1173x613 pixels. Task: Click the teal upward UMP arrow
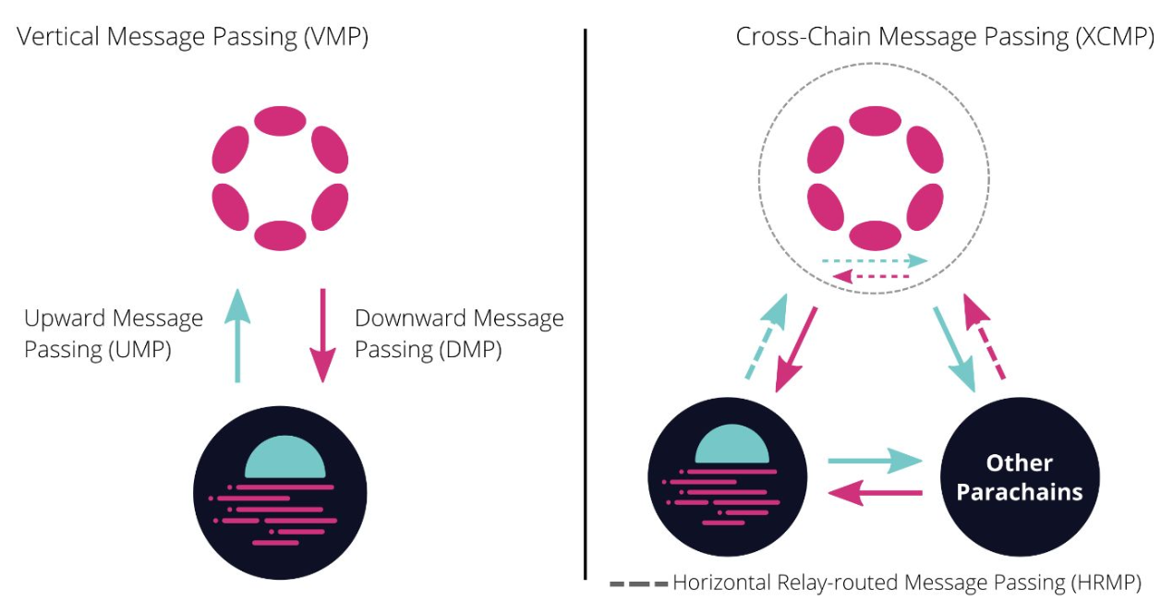[237, 335]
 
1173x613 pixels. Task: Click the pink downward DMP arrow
[322, 335]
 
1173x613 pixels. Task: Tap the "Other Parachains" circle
[1020, 477]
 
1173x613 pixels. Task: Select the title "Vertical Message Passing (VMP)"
[192, 37]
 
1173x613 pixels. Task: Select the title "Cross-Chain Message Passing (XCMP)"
[945, 37]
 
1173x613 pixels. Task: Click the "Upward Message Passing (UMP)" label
[113, 333]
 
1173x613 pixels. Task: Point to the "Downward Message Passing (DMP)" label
[459, 333]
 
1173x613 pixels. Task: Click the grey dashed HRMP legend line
[639, 583]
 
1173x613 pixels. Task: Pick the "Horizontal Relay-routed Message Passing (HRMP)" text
[907, 583]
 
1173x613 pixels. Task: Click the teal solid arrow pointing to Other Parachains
[875, 461]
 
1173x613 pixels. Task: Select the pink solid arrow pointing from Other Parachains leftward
[875, 493]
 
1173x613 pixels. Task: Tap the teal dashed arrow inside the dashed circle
[875, 260]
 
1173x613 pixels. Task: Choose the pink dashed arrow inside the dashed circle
[871, 276]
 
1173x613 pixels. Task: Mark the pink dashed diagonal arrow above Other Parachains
[984, 335]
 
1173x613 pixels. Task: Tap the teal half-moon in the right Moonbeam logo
[732, 445]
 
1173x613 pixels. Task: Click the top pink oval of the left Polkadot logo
[280, 121]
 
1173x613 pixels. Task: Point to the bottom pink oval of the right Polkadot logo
[875, 235]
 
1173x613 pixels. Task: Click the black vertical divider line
[586, 304]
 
